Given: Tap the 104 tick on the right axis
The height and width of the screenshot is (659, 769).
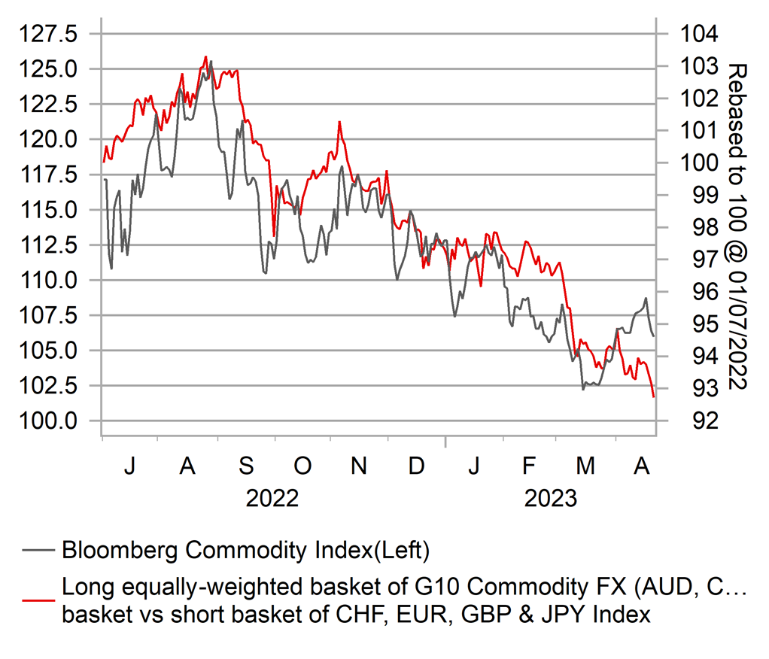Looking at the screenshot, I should coord(700,34).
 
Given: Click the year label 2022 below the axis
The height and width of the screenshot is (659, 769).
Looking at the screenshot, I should coord(272,499).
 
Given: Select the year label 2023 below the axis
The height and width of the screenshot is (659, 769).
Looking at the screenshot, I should coord(551,499).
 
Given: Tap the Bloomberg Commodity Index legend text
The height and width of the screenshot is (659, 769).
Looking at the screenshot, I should coord(245,551).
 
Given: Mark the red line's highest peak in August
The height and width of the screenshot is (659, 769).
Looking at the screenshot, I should coord(205,56).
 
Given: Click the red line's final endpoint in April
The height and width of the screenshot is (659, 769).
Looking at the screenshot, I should coord(653,396).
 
